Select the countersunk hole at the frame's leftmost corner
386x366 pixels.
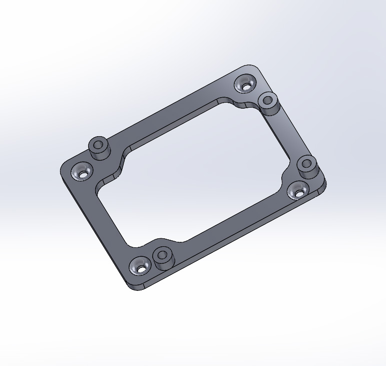click(x=81, y=173)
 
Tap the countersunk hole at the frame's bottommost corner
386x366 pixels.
click(x=140, y=267)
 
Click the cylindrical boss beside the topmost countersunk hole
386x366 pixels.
click(x=268, y=102)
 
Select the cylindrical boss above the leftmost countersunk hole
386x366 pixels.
click(x=99, y=147)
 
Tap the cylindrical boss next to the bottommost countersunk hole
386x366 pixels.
click(x=162, y=257)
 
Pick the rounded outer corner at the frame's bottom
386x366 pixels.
click(x=134, y=287)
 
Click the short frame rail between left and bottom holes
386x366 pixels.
click(x=108, y=220)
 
